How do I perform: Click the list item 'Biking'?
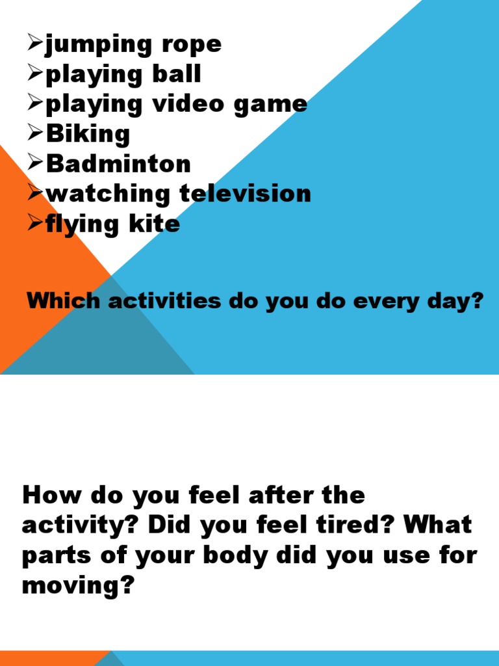coord(88,135)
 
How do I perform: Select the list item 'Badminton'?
coord(118,164)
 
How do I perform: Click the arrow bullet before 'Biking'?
coord(35,135)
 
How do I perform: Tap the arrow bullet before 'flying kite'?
coord(35,224)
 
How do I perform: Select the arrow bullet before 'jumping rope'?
coord(35,45)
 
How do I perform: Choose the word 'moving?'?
coord(78,586)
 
